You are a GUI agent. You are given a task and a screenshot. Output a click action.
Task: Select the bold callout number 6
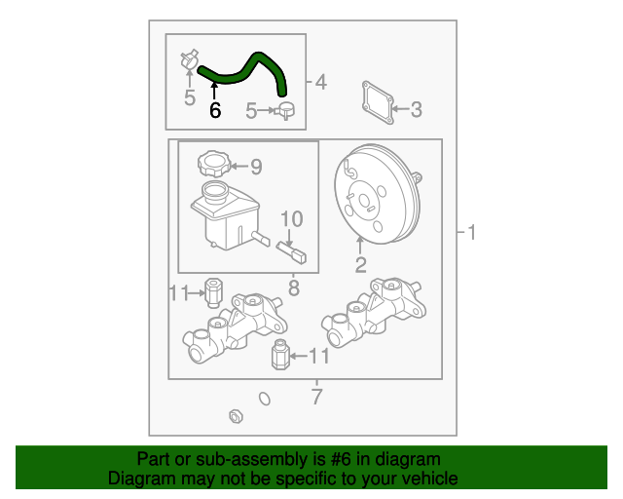pos(215,110)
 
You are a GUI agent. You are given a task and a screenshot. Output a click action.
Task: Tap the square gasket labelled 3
pos(378,102)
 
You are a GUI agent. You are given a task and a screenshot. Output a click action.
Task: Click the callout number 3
pos(416,109)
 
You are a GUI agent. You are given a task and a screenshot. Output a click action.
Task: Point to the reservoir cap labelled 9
pos(214,163)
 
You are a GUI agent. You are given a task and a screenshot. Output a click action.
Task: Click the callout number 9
pos(256,167)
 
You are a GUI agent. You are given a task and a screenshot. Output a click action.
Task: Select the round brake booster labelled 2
pos(378,194)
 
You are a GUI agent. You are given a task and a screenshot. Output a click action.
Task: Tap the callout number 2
pos(360,265)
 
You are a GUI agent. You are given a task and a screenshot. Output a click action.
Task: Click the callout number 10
pos(292,219)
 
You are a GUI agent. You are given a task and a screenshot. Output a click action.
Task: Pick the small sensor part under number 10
pos(291,252)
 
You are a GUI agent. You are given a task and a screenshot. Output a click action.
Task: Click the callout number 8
pos(294,288)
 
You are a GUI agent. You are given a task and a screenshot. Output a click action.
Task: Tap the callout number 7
pos(316,397)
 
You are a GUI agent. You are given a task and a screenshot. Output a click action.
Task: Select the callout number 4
pos(321,82)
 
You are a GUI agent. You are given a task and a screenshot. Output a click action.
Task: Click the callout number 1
pos(471,232)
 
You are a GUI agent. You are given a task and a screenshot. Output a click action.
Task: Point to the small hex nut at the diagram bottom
pos(236,416)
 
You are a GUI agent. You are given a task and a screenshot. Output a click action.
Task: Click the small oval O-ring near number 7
pos(265,399)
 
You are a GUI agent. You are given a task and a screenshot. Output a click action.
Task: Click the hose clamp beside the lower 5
pos(284,111)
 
